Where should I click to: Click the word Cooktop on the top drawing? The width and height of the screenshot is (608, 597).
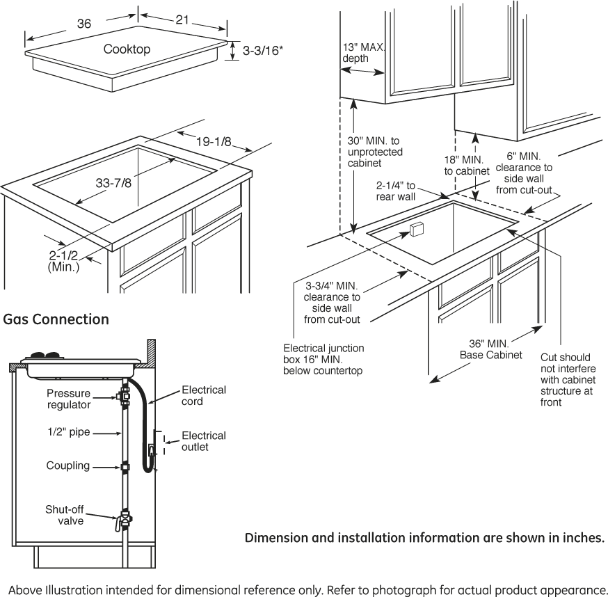pos(127,49)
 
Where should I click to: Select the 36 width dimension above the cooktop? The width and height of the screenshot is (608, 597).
pos(83,24)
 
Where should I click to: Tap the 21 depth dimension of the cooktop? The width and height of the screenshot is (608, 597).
pos(182,20)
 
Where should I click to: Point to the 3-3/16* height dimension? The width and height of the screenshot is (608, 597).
pos(262,50)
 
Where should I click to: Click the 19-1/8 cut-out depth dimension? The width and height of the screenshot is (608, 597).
pos(213,142)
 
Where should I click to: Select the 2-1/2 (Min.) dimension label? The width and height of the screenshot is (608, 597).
pos(64,260)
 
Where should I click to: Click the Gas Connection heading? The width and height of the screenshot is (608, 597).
pos(56,319)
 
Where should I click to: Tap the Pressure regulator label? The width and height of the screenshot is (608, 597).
pos(68,399)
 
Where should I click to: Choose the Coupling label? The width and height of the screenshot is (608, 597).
pos(67,465)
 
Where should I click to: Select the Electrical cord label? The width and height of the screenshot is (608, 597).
pos(203,395)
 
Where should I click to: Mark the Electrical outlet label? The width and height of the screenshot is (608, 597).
pos(203,441)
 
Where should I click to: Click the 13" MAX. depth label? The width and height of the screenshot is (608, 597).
pos(362,53)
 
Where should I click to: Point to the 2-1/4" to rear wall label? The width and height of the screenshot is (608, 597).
pos(395,191)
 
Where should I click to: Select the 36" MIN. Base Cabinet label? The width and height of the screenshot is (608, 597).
pos(490,349)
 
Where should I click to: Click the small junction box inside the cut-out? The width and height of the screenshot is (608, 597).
pos(417,230)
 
